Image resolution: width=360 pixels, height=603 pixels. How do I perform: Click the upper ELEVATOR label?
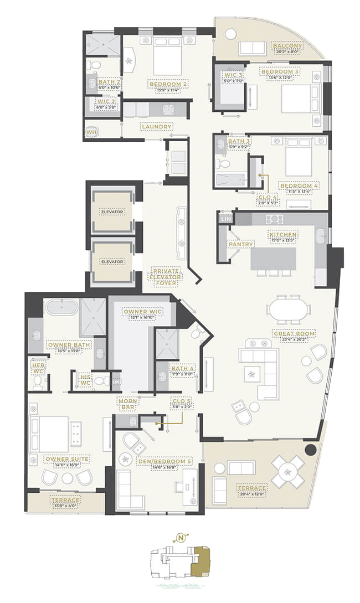point(112,212)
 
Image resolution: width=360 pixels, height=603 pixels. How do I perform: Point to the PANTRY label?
point(240,244)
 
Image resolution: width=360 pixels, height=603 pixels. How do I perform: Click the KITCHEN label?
point(284,235)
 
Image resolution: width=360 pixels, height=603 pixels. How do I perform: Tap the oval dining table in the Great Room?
point(286,311)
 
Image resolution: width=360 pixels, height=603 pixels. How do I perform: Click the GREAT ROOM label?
point(294,334)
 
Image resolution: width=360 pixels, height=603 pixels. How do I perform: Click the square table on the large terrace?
point(287,471)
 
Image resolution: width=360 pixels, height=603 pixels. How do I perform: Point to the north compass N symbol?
point(180,537)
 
